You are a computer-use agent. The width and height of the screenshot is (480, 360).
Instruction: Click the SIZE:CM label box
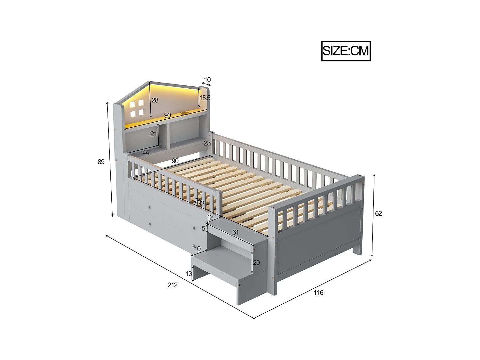click(x=346, y=51)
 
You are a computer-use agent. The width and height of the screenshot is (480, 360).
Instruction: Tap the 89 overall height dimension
click(x=101, y=162)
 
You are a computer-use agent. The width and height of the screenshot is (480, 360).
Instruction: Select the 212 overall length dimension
click(x=172, y=285)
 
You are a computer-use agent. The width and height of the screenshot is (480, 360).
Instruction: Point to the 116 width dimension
click(x=318, y=292)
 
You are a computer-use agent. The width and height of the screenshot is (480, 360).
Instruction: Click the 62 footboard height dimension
click(x=378, y=213)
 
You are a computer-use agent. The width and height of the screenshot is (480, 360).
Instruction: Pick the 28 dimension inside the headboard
click(x=155, y=100)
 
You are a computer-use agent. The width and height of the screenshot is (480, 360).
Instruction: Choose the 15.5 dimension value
click(x=205, y=98)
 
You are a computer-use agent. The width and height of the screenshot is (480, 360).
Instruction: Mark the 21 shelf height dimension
click(x=154, y=134)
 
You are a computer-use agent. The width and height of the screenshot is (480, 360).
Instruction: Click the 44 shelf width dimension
click(x=146, y=153)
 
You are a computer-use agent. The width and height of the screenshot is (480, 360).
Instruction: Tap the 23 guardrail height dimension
click(x=207, y=143)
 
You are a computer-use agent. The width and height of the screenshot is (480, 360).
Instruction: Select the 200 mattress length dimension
click(x=199, y=202)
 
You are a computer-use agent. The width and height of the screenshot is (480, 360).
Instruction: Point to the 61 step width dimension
click(x=236, y=233)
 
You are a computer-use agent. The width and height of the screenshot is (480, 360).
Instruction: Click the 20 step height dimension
click(x=256, y=263)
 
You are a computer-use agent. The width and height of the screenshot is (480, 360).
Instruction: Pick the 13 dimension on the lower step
click(x=189, y=273)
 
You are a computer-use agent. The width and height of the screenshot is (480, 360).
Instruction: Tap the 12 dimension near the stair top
click(x=210, y=217)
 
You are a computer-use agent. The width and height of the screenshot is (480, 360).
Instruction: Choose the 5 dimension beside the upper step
click(x=203, y=228)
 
